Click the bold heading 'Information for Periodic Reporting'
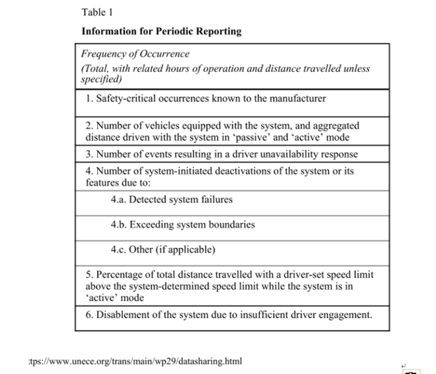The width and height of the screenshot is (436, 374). [x=161, y=31]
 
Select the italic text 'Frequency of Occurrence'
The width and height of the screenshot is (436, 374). [x=135, y=54]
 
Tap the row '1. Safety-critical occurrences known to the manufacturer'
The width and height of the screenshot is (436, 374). [x=206, y=99]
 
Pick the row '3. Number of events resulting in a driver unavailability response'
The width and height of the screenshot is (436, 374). [x=222, y=154]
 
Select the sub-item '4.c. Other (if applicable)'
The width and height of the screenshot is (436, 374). [x=163, y=250]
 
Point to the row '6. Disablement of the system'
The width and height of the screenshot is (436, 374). [x=229, y=315]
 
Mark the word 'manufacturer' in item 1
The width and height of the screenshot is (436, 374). [x=299, y=99]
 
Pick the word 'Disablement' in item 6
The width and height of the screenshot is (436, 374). [x=122, y=315]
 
